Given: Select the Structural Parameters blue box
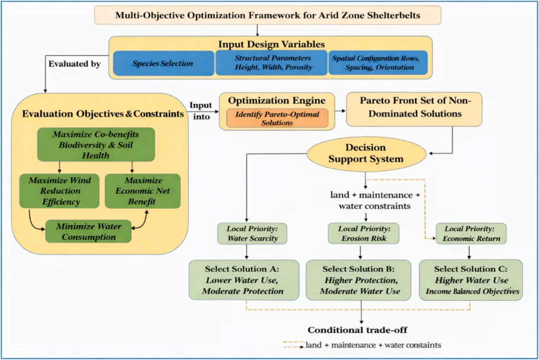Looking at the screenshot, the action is point(271,63).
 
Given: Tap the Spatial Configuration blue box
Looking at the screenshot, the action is point(378,63).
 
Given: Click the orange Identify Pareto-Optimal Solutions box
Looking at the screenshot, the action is point(277,118).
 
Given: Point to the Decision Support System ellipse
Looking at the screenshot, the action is point(366,154).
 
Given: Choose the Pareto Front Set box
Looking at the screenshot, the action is point(414,109).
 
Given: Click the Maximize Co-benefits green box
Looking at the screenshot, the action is point(96,145).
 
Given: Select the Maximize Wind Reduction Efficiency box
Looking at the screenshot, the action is point(59,191).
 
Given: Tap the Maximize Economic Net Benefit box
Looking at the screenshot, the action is point(143,191).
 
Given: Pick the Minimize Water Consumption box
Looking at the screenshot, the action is point(88,231).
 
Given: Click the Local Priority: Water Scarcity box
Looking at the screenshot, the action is point(253,233).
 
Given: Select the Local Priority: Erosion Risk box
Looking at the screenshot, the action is point(364,233).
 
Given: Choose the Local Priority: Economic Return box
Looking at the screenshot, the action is point(471,233).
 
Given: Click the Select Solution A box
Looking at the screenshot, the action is point(244,280).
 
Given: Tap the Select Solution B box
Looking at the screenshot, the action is point(358,280).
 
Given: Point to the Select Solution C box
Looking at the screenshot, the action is point(471,280).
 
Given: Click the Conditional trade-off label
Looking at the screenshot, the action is point(357,330).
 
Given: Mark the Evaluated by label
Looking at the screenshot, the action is point(74,64).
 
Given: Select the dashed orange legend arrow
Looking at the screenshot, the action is point(294,345).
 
